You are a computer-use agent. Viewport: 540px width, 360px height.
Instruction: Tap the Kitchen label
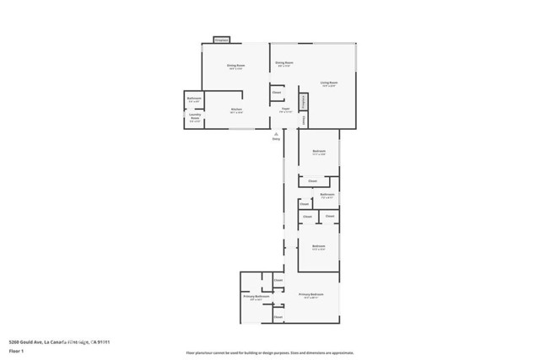tap(237, 110)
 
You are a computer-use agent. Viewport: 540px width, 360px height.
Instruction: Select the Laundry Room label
tap(195, 119)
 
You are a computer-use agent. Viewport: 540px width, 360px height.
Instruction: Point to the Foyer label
tap(285, 110)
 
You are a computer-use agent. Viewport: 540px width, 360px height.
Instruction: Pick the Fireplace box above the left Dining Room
tap(222, 40)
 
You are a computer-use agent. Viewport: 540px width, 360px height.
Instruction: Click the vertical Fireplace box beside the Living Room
tap(303, 101)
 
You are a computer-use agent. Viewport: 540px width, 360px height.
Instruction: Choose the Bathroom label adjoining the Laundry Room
tap(194, 99)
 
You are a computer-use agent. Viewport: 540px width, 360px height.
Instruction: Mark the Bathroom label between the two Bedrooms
tap(327, 196)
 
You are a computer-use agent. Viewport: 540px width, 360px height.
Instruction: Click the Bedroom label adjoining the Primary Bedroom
tap(319, 248)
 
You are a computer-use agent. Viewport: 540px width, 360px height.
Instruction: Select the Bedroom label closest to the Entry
tap(319, 153)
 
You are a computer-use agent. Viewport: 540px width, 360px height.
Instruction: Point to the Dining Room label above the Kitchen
tap(235, 67)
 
